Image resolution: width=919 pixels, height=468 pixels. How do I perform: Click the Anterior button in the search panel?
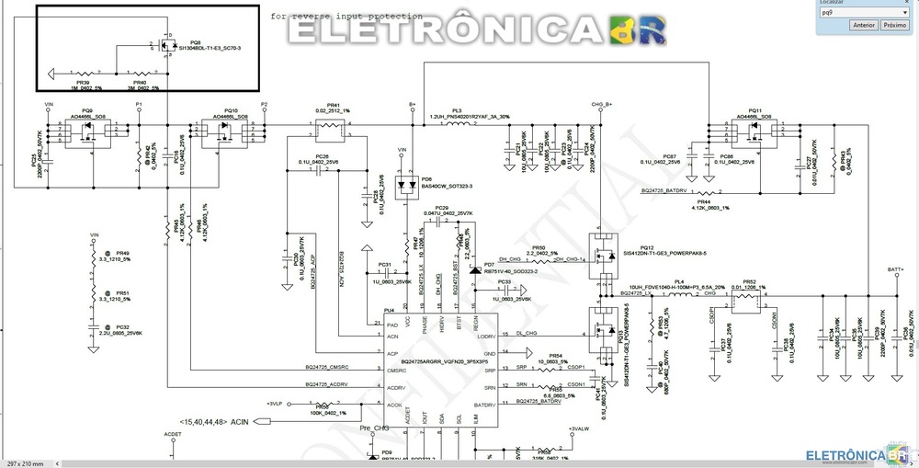click(863, 26)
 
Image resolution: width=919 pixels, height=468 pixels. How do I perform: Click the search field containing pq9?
click(864, 13)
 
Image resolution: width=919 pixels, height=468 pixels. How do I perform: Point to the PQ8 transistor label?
click(195, 42)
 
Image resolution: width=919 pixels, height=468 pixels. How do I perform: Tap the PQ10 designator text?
click(231, 109)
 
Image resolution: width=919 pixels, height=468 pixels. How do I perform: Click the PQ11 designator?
click(755, 109)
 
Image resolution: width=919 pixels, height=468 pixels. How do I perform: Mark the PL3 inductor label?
click(457, 110)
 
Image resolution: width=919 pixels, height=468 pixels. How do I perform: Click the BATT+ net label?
click(896, 269)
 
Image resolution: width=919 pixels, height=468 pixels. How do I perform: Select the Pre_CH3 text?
click(375, 429)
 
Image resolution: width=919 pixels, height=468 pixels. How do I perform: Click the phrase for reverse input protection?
click(347, 17)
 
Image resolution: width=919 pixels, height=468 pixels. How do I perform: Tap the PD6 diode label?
click(425, 179)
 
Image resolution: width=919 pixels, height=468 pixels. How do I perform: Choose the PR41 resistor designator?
click(333, 105)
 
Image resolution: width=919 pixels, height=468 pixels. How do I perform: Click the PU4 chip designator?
click(390, 311)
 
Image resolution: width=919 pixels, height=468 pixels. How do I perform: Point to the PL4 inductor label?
click(679, 281)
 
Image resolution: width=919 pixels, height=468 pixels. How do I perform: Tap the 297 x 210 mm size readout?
click(25, 462)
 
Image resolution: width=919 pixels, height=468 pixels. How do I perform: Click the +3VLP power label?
click(274, 404)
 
